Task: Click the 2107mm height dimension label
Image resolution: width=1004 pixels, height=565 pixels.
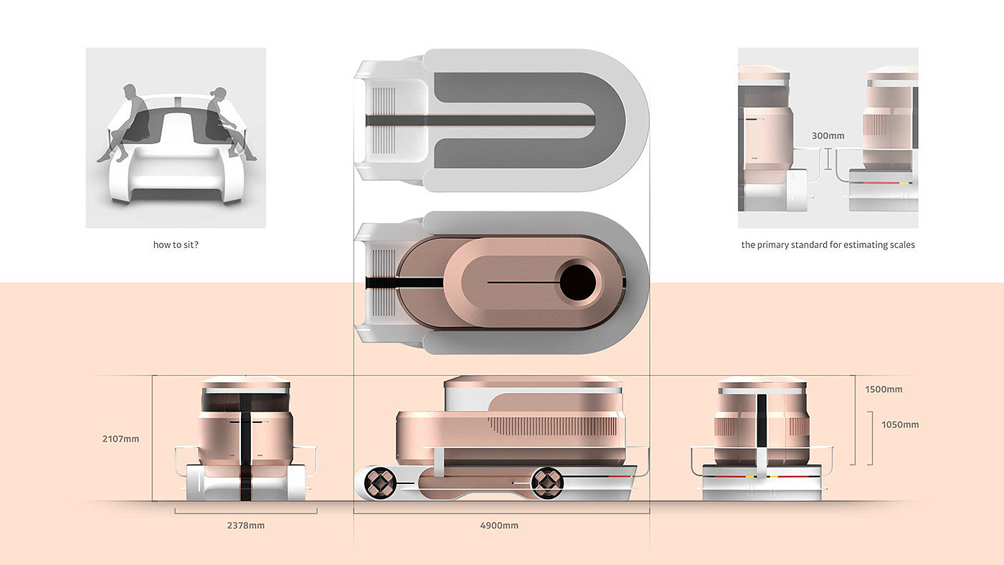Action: pos(120,439)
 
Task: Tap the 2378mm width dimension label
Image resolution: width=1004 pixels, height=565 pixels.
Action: pos(245,526)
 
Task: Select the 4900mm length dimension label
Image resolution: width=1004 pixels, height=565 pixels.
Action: pos(499,526)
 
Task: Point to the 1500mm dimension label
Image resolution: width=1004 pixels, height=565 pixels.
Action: pos(884,389)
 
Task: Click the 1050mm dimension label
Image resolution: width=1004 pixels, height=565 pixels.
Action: pos(900,424)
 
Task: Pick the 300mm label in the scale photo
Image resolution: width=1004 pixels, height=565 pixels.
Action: pos(828,136)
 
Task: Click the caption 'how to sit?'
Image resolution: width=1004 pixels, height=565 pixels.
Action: pos(176,244)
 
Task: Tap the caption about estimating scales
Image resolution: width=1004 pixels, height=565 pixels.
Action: pos(828,244)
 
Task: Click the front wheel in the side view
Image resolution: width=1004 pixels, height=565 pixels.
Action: pos(379,483)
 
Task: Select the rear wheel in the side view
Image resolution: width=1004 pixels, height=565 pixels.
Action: pos(546,483)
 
